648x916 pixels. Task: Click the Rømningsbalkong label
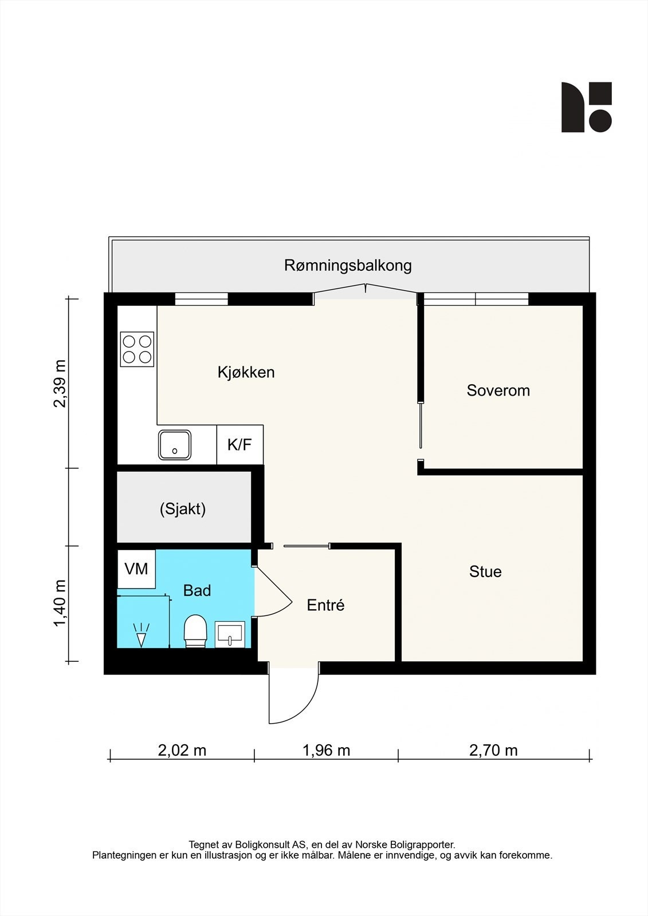point(348,266)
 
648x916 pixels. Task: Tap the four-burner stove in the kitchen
point(137,349)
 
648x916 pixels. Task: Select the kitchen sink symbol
point(175,445)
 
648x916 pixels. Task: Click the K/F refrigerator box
point(239,445)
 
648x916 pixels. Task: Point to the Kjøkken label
point(246,372)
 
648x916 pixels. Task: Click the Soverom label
point(498,390)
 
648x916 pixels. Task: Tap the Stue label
point(485,571)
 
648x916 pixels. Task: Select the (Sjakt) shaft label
point(183,508)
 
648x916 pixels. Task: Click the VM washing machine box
point(136,569)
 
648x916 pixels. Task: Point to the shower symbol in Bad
point(141,635)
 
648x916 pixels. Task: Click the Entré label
point(325,605)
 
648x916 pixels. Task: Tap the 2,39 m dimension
point(60,383)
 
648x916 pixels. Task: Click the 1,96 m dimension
point(326,750)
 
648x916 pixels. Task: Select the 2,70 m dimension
point(493,750)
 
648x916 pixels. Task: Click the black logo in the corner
point(586,107)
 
